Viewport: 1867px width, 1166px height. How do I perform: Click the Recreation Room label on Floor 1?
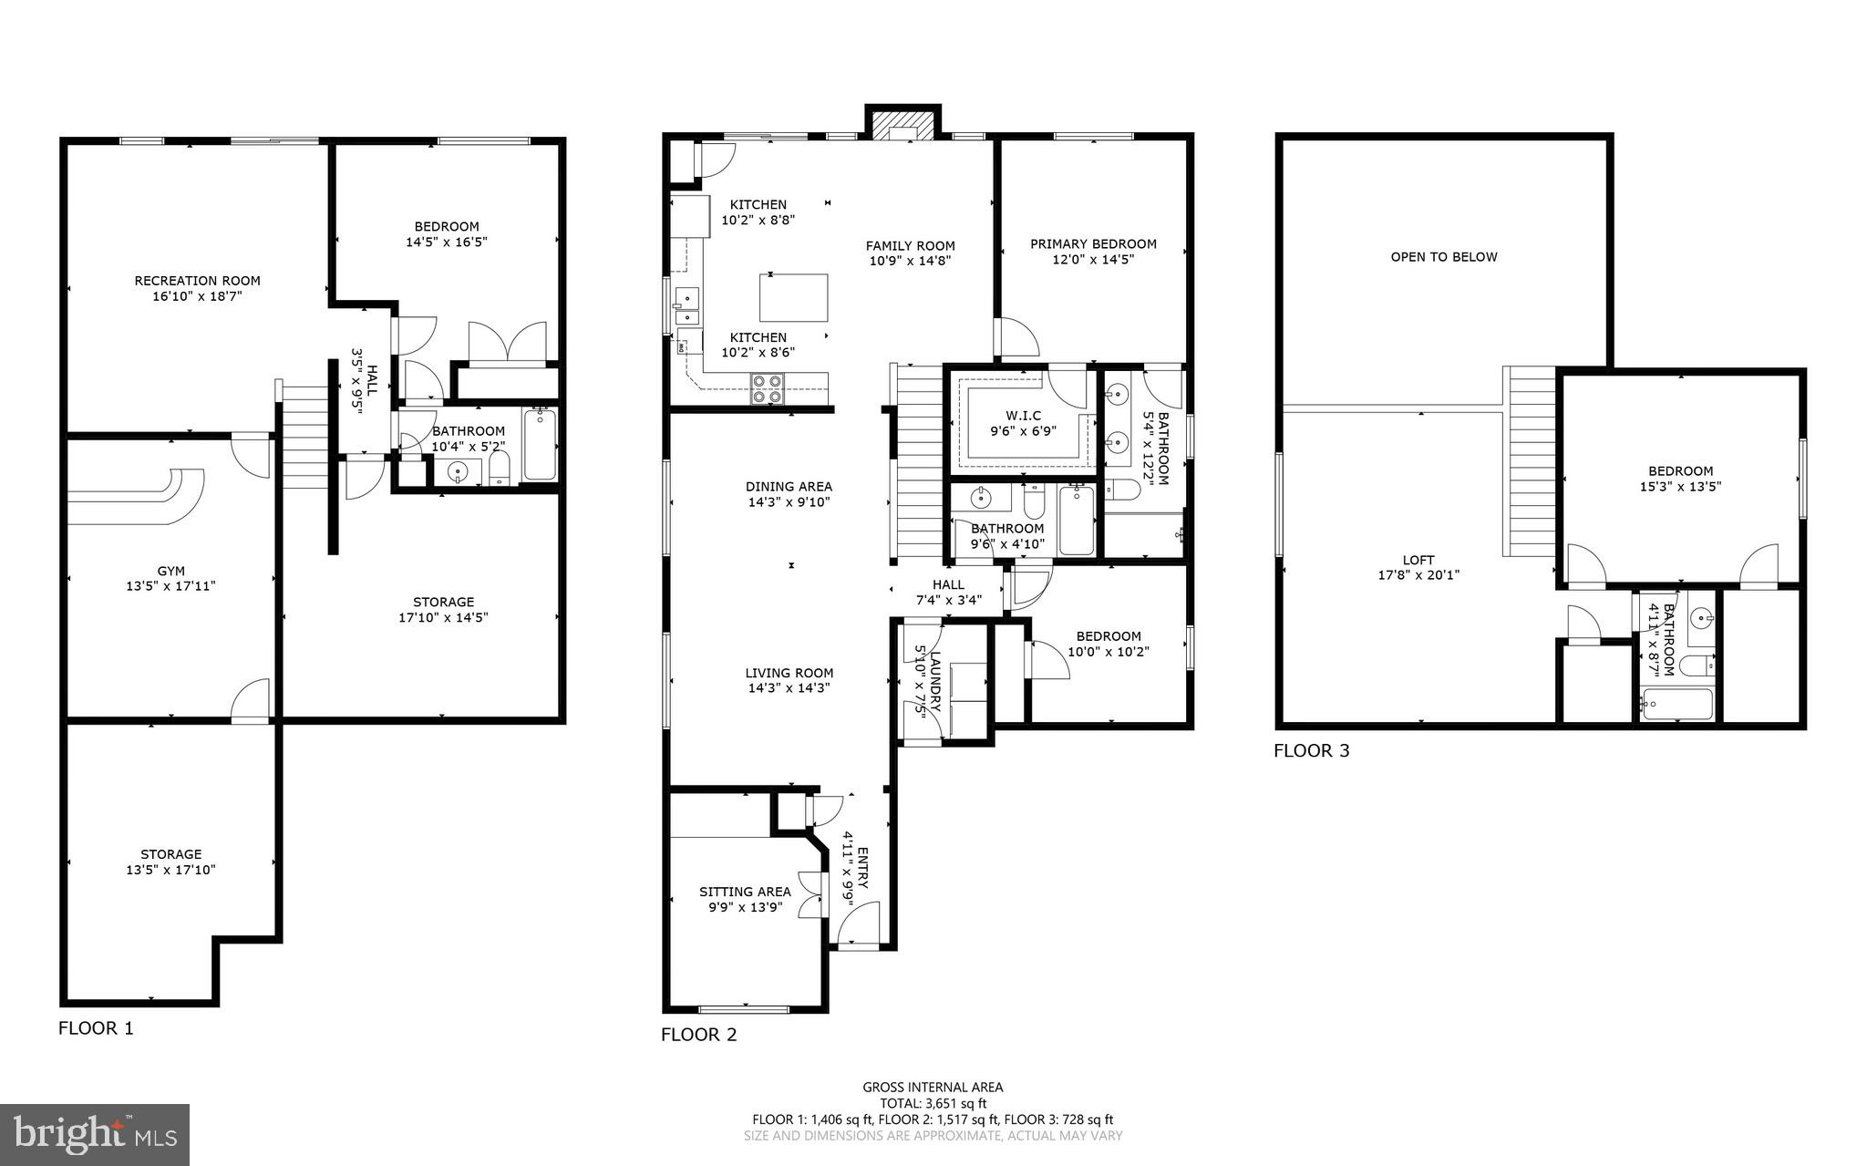point(197,281)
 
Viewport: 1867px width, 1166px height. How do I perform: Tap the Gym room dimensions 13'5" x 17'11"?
point(170,586)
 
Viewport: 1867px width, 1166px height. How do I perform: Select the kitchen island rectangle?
point(794,297)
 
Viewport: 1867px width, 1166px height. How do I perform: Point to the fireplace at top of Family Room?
point(902,125)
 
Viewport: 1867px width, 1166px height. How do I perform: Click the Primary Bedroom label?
point(1093,243)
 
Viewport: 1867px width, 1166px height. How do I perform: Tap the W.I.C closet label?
point(1022,416)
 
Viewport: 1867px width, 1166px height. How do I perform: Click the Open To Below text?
point(1443,257)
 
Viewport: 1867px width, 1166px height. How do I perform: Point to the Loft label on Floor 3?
point(1418,560)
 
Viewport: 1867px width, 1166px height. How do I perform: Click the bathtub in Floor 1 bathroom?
point(540,445)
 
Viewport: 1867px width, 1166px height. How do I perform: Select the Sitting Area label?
point(745,892)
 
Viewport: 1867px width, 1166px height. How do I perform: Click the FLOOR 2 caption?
point(698,1035)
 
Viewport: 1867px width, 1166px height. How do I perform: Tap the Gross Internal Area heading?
point(933,1087)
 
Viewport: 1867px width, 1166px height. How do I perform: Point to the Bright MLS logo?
point(95,1134)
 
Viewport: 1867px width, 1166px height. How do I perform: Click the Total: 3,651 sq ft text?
point(933,1103)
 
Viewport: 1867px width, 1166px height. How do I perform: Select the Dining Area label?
point(789,487)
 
